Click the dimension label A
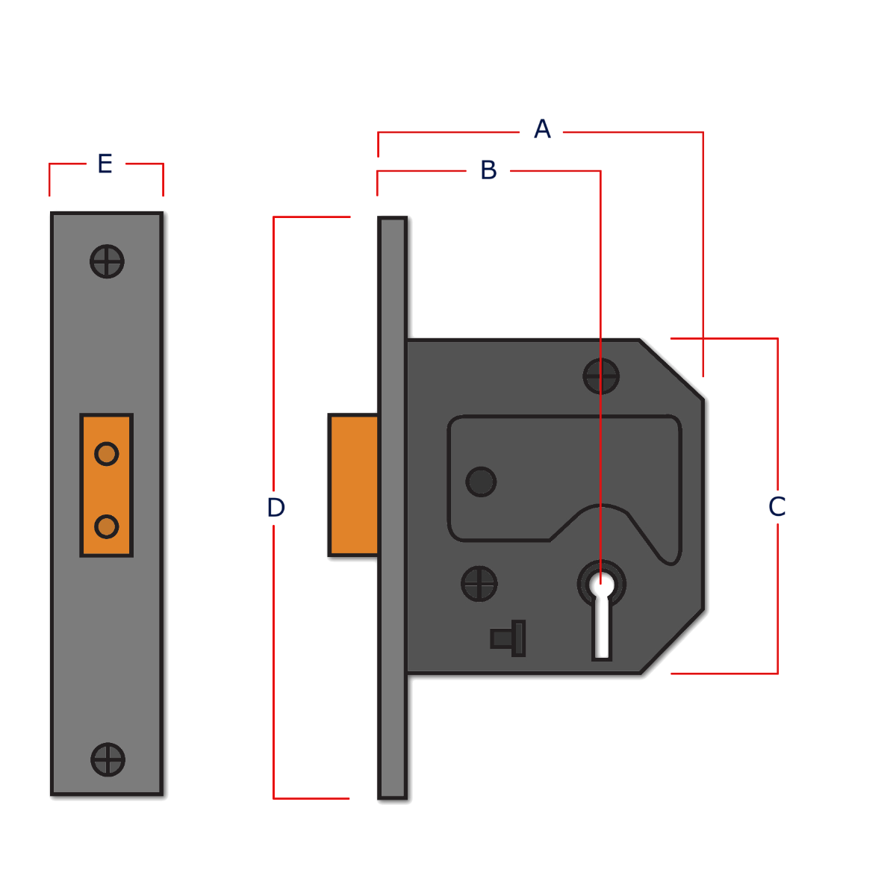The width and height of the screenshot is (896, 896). pyautogui.click(x=542, y=129)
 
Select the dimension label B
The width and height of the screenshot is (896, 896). pyautogui.click(x=488, y=170)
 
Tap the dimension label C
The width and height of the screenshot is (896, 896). pyautogui.click(x=777, y=507)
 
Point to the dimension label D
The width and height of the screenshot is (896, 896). pyautogui.click(x=276, y=508)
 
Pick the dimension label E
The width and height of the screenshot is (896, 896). pyautogui.click(x=105, y=163)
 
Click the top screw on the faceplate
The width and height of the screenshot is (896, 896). pyautogui.click(x=107, y=261)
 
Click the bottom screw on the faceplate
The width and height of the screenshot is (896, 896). pyautogui.click(x=108, y=759)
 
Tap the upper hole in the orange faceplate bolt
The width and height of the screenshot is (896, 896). pyautogui.click(x=107, y=453)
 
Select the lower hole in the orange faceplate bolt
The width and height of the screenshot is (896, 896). pyautogui.click(x=107, y=526)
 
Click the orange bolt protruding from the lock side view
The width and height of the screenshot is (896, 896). pyautogui.click(x=353, y=485)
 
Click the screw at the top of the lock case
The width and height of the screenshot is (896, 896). pyautogui.click(x=601, y=376)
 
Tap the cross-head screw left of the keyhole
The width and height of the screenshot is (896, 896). pyautogui.click(x=479, y=583)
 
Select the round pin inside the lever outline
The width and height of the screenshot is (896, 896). pyautogui.click(x=481, y=482)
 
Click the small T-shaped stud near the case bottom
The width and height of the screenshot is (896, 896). pyautogui.click(x=509, y=638)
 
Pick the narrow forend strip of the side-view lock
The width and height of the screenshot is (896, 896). pyautogui.click(x=392, y=508)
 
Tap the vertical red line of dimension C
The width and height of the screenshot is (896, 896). pyautogui.click(x=777, y=418)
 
